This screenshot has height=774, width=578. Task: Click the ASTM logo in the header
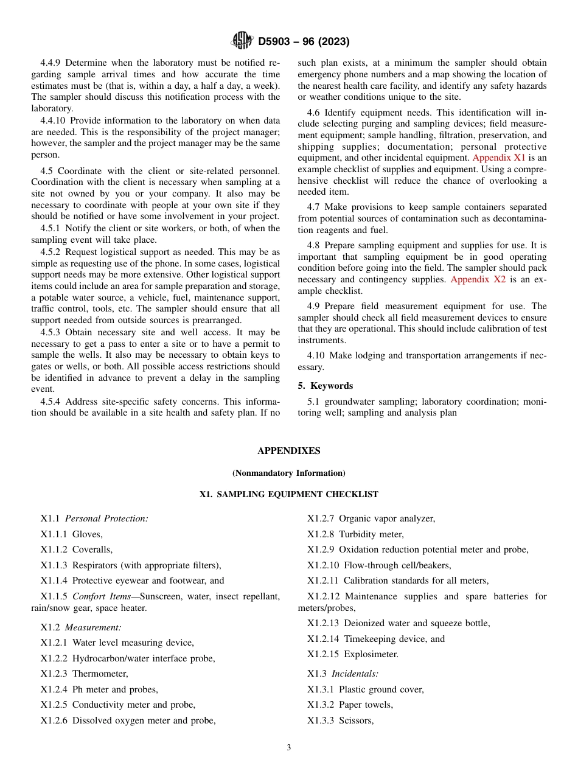click(x=242, y=41)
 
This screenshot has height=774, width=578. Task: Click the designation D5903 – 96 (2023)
click(x=304, y=42)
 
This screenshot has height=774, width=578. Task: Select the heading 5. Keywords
click(x=326, y=386)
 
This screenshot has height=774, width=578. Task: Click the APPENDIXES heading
click(x=288, y=451)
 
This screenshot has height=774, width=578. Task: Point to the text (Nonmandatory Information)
click(x=288, y=473)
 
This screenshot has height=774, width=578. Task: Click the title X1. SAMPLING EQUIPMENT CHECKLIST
click(x=288, y=495)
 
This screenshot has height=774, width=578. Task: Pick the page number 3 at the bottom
click(x=289, y=748)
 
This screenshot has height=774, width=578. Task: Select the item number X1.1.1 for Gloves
click(x=54, y=534)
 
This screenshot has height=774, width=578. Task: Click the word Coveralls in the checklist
click(x=92, y=549)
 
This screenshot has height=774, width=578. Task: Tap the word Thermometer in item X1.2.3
click(x=100, y=674)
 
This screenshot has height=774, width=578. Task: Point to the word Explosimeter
click(x=371, y=654)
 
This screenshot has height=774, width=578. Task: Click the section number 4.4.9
click(x=50, y=63)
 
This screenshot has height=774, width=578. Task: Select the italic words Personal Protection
click(x=106, y=518)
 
